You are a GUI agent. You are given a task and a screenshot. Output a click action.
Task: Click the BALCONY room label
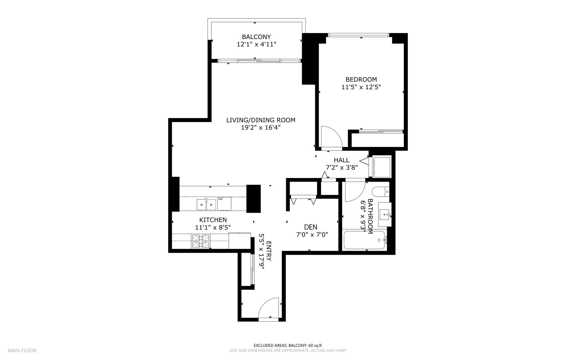tap(256, 37)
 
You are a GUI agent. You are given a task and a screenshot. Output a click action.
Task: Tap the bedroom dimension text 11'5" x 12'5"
tap(361, 87)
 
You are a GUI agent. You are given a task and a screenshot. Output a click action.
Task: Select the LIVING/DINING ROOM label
tap(261, 120)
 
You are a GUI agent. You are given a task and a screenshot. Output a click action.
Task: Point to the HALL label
tap(341, 160)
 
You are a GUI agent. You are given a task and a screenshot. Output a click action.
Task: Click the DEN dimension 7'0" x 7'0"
tap(312, 234)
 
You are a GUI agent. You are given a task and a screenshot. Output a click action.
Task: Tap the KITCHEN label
tap(213, 220)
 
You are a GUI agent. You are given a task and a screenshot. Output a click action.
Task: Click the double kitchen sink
tap(206, 204)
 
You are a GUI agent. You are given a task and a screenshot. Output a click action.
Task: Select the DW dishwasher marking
tap(220, 199)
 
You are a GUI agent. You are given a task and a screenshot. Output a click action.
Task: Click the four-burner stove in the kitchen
tap(201, 241)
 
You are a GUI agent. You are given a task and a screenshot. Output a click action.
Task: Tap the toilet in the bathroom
tap(380, 192)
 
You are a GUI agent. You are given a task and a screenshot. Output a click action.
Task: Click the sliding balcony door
tap(259, 61)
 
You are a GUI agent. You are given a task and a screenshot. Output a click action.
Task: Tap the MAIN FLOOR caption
tap(22, 350)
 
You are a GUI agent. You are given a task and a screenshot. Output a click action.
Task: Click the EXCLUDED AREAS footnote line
tap(288, 345)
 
